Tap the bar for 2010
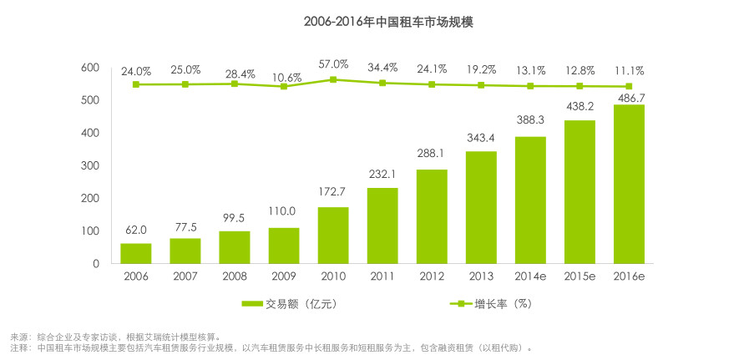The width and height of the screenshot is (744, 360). point(333,235)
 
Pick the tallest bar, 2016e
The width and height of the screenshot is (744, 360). point(629,184)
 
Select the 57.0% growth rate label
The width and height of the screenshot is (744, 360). point(333,64)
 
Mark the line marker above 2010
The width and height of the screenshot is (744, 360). point(333,79)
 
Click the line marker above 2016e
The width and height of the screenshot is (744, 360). point(629,86)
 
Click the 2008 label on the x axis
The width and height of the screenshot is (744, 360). point(235,276)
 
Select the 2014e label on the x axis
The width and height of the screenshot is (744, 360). point(530,276)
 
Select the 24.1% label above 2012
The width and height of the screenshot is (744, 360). point(432,69)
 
